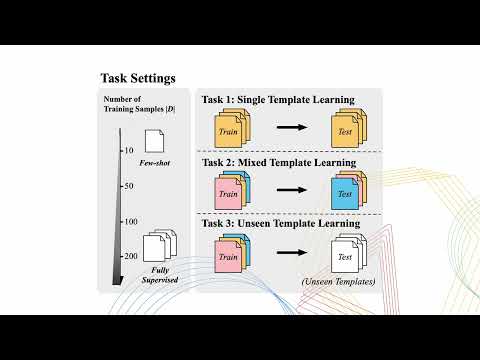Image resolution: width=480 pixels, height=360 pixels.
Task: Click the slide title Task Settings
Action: click(138, 78)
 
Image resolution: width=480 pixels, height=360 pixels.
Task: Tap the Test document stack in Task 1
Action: click(346, 129)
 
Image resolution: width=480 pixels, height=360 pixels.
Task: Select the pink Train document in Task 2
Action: click(228, 193)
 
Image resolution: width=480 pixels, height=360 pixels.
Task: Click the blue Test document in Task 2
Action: click(344, 193)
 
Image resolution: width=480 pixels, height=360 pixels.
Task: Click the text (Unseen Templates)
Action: click(337, 284)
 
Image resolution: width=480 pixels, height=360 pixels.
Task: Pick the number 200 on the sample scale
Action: click(128, 257)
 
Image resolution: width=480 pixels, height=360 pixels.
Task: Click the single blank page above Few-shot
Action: click(156, 141)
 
